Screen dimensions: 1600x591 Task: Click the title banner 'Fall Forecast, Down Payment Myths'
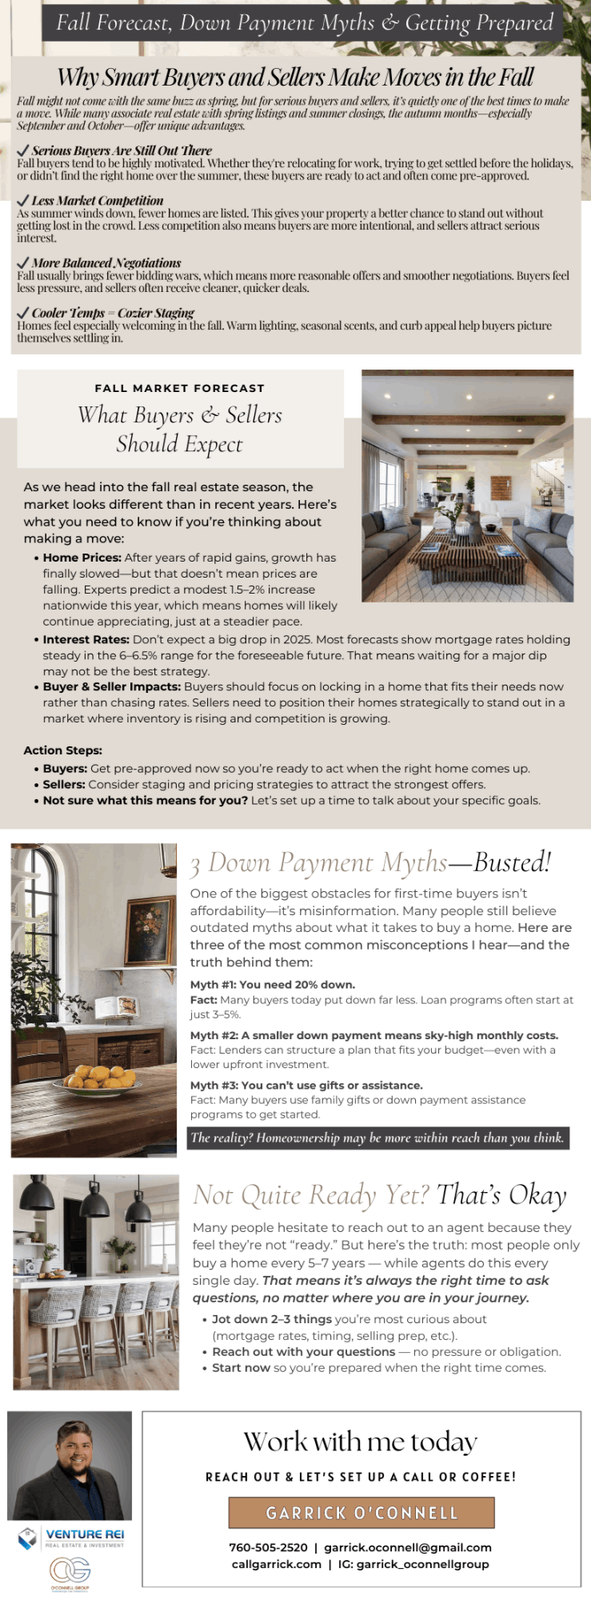coord(304,22)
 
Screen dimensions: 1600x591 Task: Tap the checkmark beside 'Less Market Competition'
coord(22,201)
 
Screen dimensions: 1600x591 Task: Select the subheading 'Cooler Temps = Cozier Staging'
coord(113,313)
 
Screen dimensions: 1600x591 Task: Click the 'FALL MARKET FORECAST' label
coord(179,388)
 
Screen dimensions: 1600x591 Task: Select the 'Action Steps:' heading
coord(62,750)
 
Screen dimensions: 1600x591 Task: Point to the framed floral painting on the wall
coord(149,931)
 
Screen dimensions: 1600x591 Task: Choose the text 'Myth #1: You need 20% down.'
coord(273,985)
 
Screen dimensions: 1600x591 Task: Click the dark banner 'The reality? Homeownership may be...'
coord(377,1138)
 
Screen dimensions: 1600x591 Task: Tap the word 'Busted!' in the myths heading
coord(513,862)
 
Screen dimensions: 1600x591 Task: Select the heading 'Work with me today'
coord(361,1442)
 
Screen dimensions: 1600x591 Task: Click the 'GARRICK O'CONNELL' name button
coord(361,1513)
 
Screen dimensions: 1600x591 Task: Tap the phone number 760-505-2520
coord(268,1547)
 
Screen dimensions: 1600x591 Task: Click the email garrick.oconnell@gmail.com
coord(408,1547)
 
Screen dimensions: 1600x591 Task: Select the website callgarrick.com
coord(276,1564)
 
